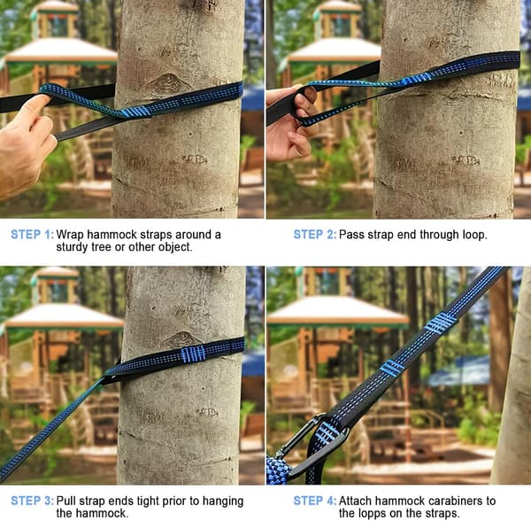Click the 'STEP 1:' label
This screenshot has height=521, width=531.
pyautogui.click(x=32, y=235)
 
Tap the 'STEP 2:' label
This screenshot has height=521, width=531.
pyautogui.click(x=314, y=235)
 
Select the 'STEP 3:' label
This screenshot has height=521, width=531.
pyautogui.click(x=32, y=501)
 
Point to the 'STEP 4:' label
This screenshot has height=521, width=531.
pyautogui.click(x=314, y=501)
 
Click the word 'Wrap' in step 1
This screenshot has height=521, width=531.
pyautogui.click(x=70, y=235)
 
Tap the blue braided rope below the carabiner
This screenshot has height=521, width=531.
pyautogui.click(x=277, y=470)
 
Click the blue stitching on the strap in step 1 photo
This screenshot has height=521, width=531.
pyautogui.click(x=136, y=112)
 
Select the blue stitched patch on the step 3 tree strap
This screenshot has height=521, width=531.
pyautogui.click(x=193, y=354)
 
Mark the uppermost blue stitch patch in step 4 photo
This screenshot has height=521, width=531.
pyautogui.click(x=441, y=323)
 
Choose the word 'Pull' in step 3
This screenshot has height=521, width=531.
pyautogui.click(x=66, y=501)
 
